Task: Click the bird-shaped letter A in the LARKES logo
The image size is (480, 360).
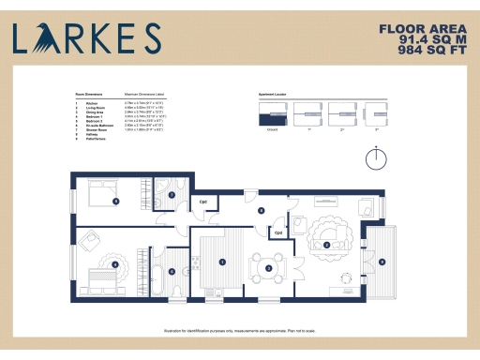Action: click(45, 38)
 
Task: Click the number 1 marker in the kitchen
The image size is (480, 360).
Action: click(221, 262)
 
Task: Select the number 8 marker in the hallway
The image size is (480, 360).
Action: click(262, 210)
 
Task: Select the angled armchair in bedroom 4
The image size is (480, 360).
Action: click(92, 241)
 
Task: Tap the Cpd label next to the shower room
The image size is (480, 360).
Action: click(203, 201)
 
